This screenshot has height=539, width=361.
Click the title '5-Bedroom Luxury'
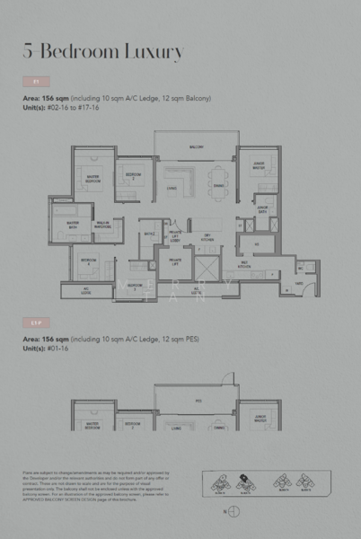103,50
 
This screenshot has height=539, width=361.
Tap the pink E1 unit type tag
36,82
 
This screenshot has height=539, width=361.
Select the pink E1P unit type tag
37,321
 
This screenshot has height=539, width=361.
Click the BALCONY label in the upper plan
196,146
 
